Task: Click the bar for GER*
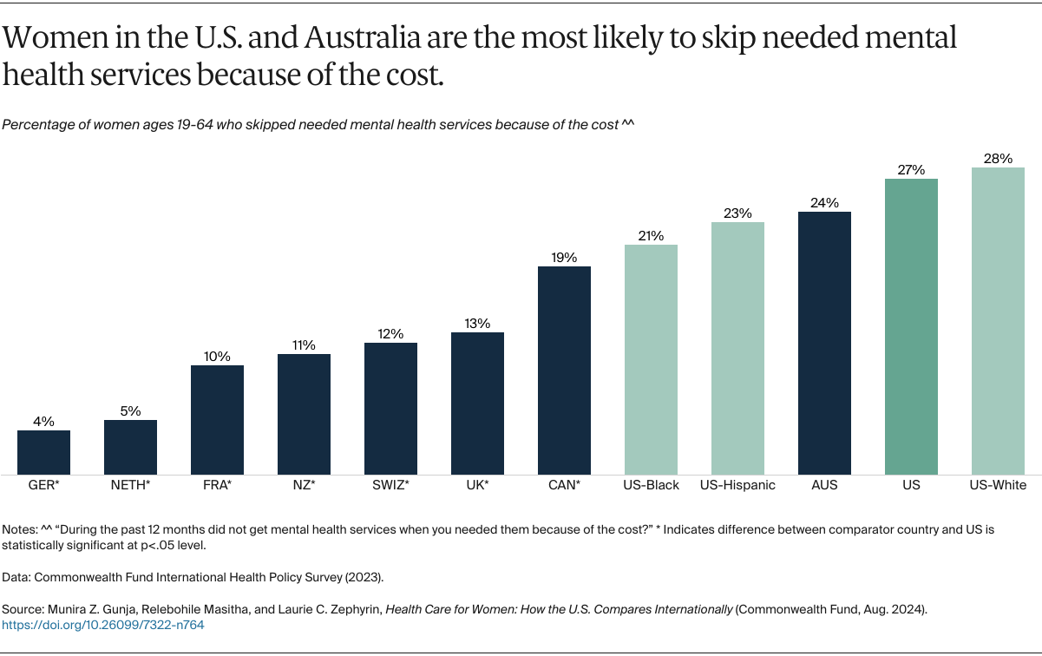pyautogui.click(x=43, y=452)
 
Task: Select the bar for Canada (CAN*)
pyautogui.click(x=564, y=370)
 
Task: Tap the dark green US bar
pyautogui.click(x=911, y=326)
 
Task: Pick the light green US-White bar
pyautogui.click(x=998, y=321)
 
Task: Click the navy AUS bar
pyautogui.click(x=824, y=343)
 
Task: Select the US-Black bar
pyautogui.click(x=651, y=359)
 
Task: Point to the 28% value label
pyautogui.click(x=998, y=159)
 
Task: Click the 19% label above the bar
pyautogui.click(x=564, y=258)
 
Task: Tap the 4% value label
pyautogui.click(x=43, y=422)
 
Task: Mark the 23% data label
pyautogui.click(x=737, y=213)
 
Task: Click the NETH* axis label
pyautogui.click(x=130, y=485)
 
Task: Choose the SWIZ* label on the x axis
pyautogui.click(x=390, y=485)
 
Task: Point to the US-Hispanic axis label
pyautogui.click(x=737, y=485)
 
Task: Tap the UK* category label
pyautogui.click(x=477, y=485)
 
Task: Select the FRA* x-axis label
pyautogui.click(x=217, y=485)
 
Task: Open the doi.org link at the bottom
pyautogui.click(x=103, y=625)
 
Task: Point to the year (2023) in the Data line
pyautogui.click(x=366, y=575)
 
